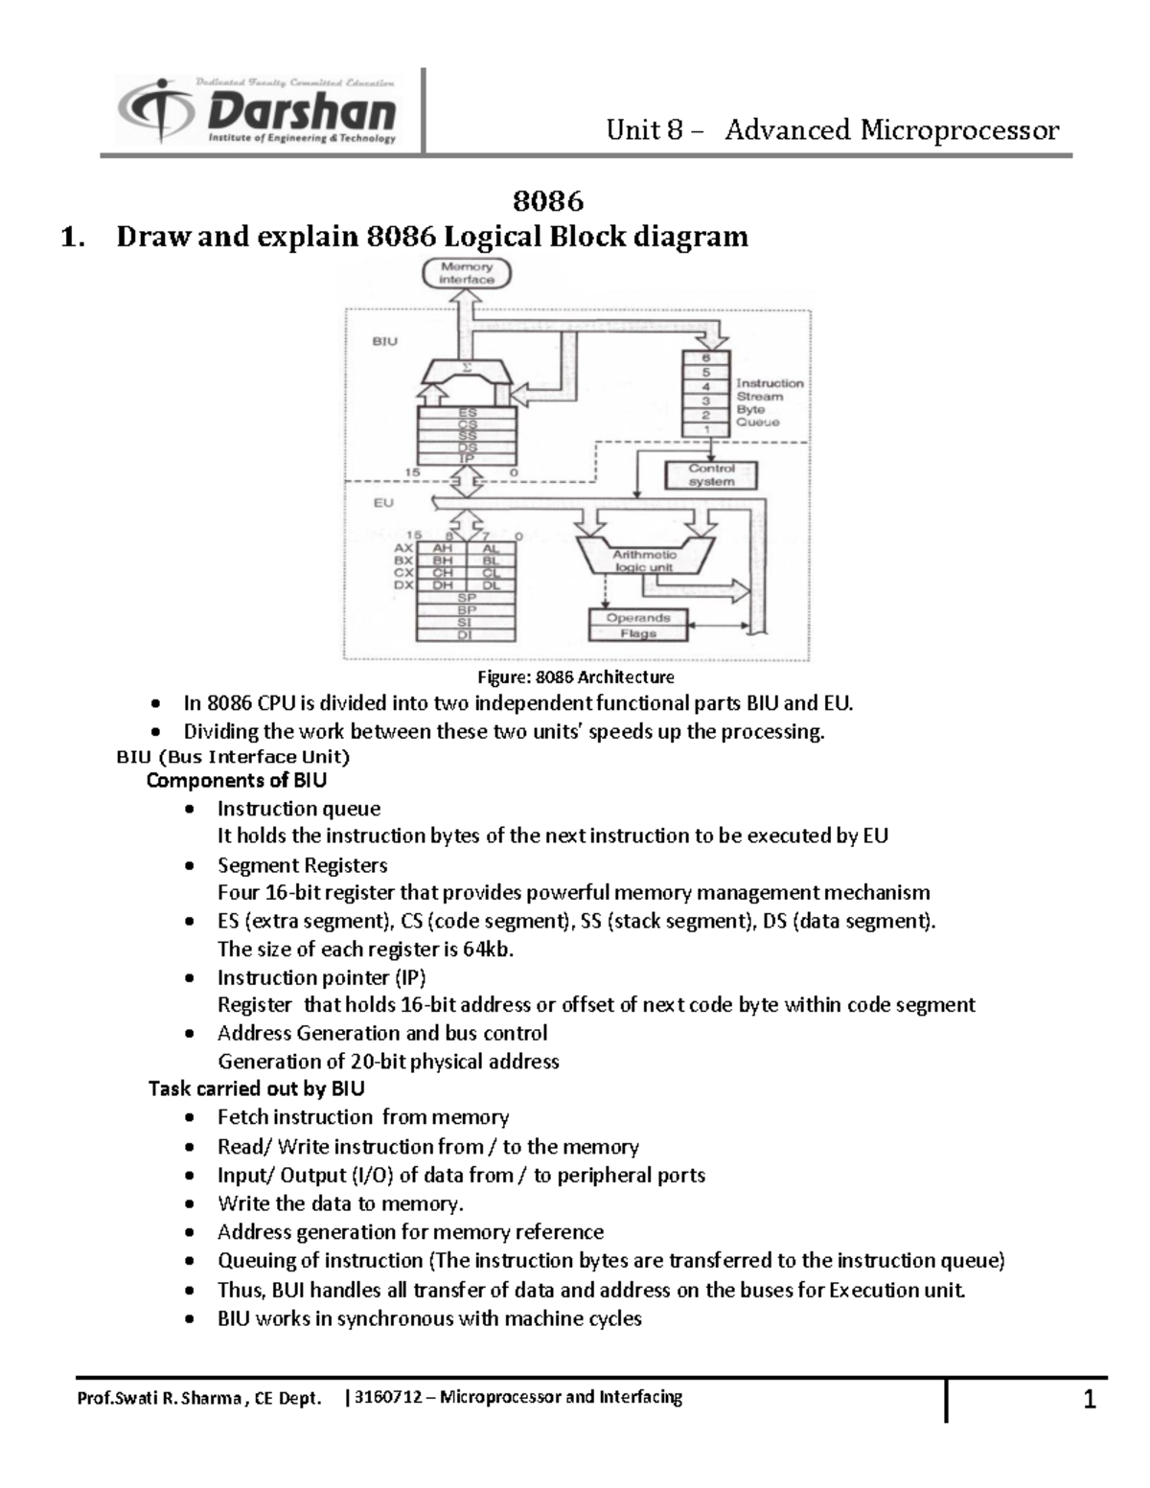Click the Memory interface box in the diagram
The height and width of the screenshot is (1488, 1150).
click(467, 274)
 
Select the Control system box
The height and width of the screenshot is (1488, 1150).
click(711, 475)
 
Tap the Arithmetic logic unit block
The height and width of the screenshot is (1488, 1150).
click(644, 561)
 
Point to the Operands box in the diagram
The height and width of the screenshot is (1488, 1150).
click(637, 618)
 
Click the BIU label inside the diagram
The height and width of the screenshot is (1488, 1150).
click(383, 341)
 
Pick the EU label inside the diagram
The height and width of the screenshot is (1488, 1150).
click(383, 503)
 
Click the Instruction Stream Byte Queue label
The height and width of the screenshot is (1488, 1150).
click(769, 402)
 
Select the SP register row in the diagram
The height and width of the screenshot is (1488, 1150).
click(466, 598)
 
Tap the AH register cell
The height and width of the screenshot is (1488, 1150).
click(442, 549)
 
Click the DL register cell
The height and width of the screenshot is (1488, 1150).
click(491, 585)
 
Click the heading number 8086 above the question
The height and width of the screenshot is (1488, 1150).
click(548, 201)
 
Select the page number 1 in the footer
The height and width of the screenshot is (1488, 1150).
click(1089, 1401)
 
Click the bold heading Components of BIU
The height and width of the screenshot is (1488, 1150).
click(236, 781)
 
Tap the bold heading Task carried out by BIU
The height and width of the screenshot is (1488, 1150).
click(256, 1089)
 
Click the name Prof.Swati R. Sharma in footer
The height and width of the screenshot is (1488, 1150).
click(161, 1398)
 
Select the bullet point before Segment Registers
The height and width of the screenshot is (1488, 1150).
click(193, 866)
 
